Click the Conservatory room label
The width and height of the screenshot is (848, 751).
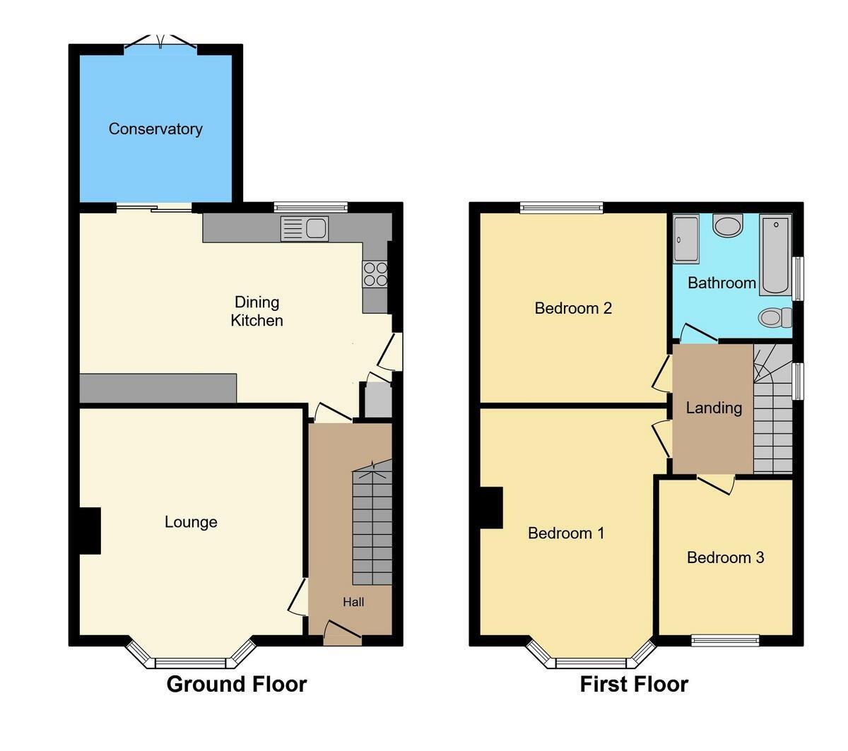[x=155, y=129]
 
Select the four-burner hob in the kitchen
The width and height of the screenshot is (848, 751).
[x=375, y=274]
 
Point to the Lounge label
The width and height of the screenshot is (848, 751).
[x=191, y=522]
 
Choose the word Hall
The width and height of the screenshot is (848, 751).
[x=353, y=602]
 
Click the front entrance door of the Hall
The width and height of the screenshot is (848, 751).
[x=343, y=633]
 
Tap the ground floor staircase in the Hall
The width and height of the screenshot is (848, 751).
[x=372, y=526]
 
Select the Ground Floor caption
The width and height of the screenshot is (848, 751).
[x=236, y=684]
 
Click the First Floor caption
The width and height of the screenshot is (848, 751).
[x=634, y=684]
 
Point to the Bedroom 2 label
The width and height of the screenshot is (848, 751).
[x=573, y=308]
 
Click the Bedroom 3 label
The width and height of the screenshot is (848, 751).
[x=725, y=557]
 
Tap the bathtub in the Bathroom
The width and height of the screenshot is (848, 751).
[x=775, y=255]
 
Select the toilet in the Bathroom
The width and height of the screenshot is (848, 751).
[x=775, y=318]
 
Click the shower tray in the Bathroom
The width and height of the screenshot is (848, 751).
[x=686, y=239]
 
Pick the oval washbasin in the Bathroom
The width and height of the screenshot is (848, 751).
[x=727, y=226]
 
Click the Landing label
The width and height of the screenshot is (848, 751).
[x=714, y=408]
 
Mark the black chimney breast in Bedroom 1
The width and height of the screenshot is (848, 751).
[x=491, y=508]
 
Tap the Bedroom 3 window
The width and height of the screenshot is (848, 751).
[x=725, y=640]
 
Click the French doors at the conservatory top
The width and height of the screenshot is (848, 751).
[x=160, y=44]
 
